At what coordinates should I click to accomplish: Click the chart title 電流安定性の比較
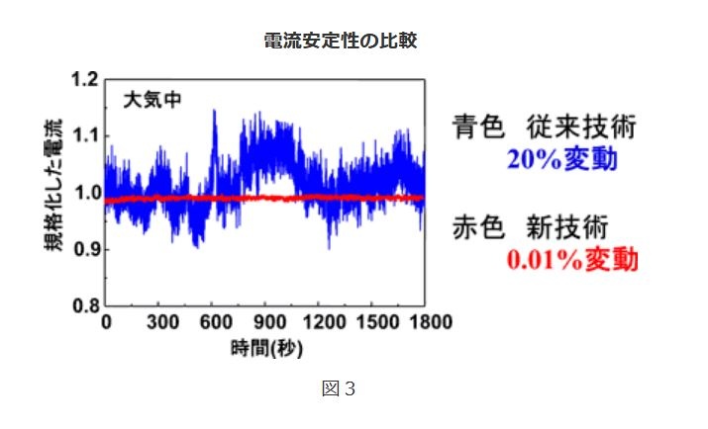pos(347,42)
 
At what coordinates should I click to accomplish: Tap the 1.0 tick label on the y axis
pos(86,192)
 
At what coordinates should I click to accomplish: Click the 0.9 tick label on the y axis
pos(86,249)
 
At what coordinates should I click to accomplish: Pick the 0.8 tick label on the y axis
pos(86,305)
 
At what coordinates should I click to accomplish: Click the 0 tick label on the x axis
pos(106,322)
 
